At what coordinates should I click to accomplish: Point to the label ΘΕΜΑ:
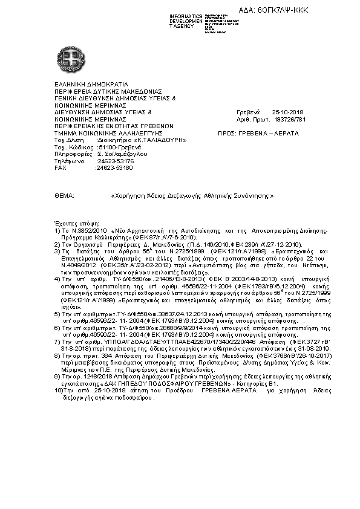pos(64,196)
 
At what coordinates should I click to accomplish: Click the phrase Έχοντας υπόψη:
pos(77,224)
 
